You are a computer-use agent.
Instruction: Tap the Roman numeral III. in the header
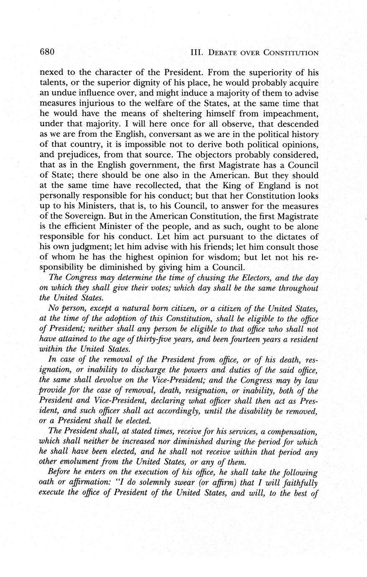point(196,53)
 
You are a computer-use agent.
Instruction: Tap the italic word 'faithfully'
point(301,483)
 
